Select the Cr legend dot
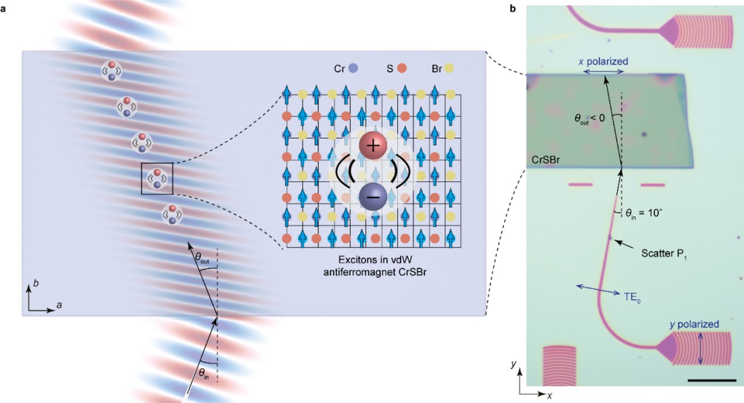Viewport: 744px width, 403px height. coord(353,68)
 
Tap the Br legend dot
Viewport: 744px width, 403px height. coord(450,68)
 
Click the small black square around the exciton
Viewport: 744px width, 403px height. coord(157,178)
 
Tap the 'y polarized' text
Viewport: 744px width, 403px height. coord(694,325)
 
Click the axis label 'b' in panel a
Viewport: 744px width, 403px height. coord(35,283)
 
